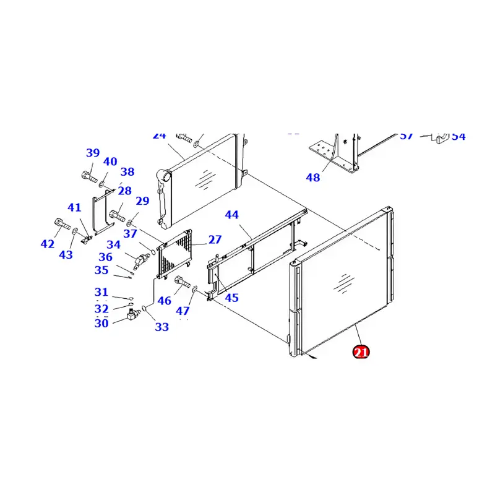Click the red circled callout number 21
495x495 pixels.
click(x=361, y=353)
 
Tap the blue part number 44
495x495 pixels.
click(x=231, y=215)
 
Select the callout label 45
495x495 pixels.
click(x=231, y=298)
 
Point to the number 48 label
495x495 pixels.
click(x=313, y=178)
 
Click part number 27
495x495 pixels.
click(x=215, y=239)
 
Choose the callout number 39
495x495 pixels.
click(x=93, y=153)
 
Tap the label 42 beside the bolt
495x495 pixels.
click(x=48, y=244)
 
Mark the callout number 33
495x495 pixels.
click(x=161, y=327)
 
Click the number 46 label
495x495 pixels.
click(x=164, y=301)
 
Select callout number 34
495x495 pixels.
click(x=113, y=245)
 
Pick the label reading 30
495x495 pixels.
click(x=101, y=323)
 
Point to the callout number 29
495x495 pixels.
click(x=142, y=200)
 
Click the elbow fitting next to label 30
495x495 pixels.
click(x=132, y=316)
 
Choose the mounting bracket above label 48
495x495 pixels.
click(x=334, y=152)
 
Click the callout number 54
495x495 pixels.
click(x=458, y=136)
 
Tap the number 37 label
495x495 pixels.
click(x=130, y=234)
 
